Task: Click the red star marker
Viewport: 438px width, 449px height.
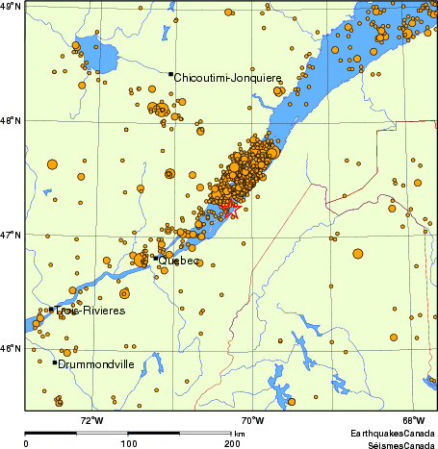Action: [x=230, y=207]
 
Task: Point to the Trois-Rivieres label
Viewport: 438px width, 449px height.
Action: [x=90, y=311]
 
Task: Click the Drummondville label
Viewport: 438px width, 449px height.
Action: [x=95, y=364]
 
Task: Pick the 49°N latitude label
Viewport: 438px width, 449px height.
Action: [x=12, y=6]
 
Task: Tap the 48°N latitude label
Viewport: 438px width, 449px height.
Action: [x=12, y=120]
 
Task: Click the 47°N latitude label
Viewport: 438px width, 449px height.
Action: [x=12, y=235]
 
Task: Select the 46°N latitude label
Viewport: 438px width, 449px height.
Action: [x=12, y=348]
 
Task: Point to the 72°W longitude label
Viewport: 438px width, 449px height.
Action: [x=91, y=419]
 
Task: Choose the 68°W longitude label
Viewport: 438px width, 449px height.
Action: [x=414, y=419]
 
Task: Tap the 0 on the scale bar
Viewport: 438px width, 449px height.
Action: [x=26, y=443]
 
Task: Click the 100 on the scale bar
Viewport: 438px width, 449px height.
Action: [x=128, y=443]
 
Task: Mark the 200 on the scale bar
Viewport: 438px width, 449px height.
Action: [x=231, y=443]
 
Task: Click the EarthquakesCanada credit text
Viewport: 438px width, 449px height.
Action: [x=391, y=434]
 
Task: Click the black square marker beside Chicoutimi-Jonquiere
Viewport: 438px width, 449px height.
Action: [x=170, y=74]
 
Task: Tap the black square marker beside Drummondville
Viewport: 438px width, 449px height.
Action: [x=55, y=362]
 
